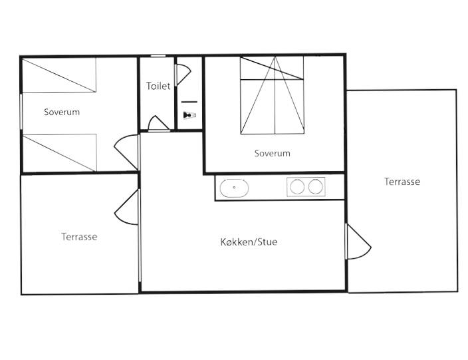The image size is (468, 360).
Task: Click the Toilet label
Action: (x=158, y=86)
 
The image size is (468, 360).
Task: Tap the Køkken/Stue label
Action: (x=249, y=242)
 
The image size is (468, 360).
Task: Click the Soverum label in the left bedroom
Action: (x=62, y=112)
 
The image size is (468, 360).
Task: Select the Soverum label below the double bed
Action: (x=273, y=153)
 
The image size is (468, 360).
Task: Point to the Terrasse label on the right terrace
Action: (x=402, y=182)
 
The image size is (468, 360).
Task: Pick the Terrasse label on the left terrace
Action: (x=79, y=236)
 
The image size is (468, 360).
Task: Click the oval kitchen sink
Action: (x=235, y=188)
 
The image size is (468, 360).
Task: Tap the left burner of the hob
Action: (x=297, y=187)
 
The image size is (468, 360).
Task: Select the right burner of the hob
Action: (x=315, y=187)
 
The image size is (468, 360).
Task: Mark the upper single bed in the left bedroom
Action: (x=59, y=75)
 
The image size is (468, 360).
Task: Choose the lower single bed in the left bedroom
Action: (x=59, y=151)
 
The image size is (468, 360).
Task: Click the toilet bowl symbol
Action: (x=190, y=114)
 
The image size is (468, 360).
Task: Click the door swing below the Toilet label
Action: (x=158, y=124)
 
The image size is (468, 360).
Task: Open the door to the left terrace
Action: (x=127, y=207)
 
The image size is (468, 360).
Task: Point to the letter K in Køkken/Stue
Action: (x=223, y=242)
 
